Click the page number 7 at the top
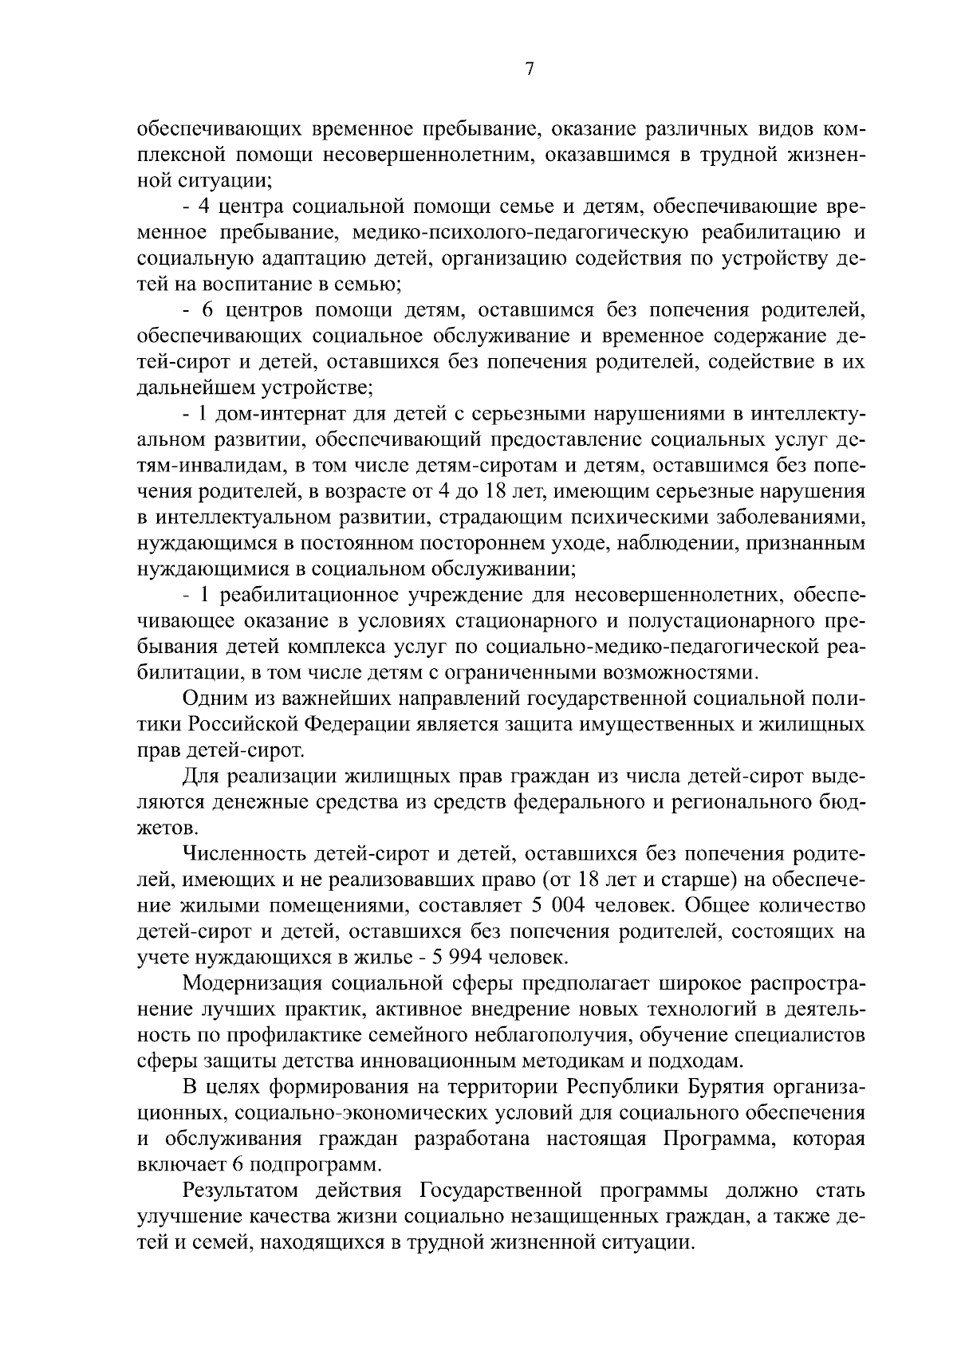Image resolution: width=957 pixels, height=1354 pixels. click(529, 69)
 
